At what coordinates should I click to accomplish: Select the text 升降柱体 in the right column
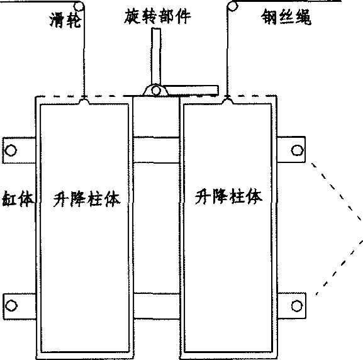pyautogui.click(x=229, y=196)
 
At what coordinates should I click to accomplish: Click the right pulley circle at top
pyautogui.click(x=233, y=7)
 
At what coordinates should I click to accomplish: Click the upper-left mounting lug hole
pyautogui.click(x=11, y=149)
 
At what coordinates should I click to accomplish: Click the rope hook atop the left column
pyautogui.click(x=84, y=99)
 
